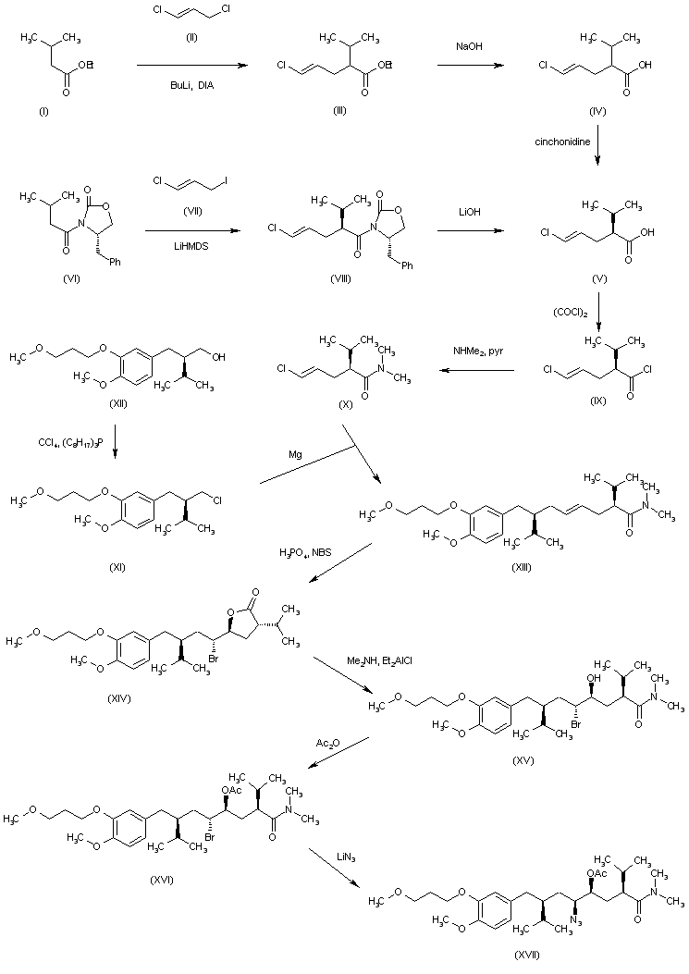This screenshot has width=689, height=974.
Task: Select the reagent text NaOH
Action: (x=466, y=44)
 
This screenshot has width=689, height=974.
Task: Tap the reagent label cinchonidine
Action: (x=560, y=142)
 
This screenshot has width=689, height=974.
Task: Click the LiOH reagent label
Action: (x=466, y=213)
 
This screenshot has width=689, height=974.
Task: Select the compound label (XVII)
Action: (x=525, y=954)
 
